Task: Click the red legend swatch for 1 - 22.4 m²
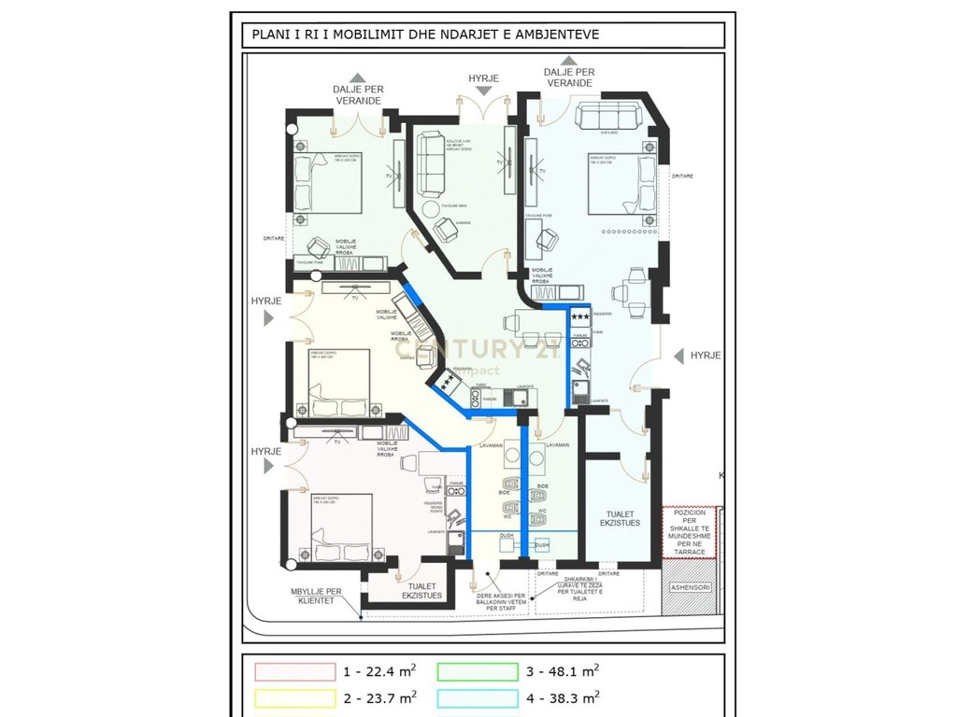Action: click(293, 671)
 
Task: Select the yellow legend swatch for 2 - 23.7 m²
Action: click(293, 697)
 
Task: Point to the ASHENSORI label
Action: click(691, 587)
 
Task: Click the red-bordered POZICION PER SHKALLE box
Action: click(689, 531)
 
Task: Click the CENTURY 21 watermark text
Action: click(486, 350)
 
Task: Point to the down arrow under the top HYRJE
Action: click(483, 91)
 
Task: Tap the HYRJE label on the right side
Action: click(706, 356)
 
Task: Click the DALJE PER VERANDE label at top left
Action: click(357, 94)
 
